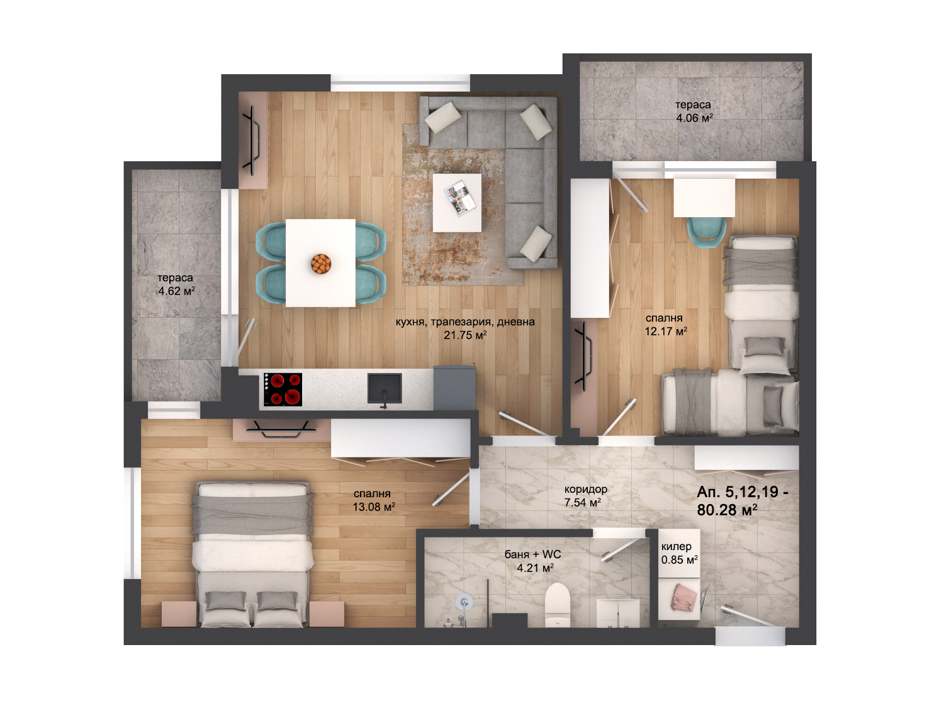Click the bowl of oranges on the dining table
[321, 264]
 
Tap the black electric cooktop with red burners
[283, 390]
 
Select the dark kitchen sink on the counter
[385, 388]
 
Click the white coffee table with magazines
[457, 203]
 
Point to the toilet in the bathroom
[558, 605]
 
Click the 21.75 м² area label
[465, 334]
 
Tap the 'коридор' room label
[586, 489]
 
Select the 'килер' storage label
[677, 546]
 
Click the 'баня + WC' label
[533, 554]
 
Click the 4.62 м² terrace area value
[176, 291]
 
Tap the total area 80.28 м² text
[727, 510]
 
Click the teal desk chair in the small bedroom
[707, 232]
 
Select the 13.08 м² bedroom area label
[374, 507]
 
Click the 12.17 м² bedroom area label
[666, 331]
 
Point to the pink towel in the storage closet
[683, 597]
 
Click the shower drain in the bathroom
[464, 602]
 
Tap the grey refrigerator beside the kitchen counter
[454, 387]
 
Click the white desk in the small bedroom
[704, 198]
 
